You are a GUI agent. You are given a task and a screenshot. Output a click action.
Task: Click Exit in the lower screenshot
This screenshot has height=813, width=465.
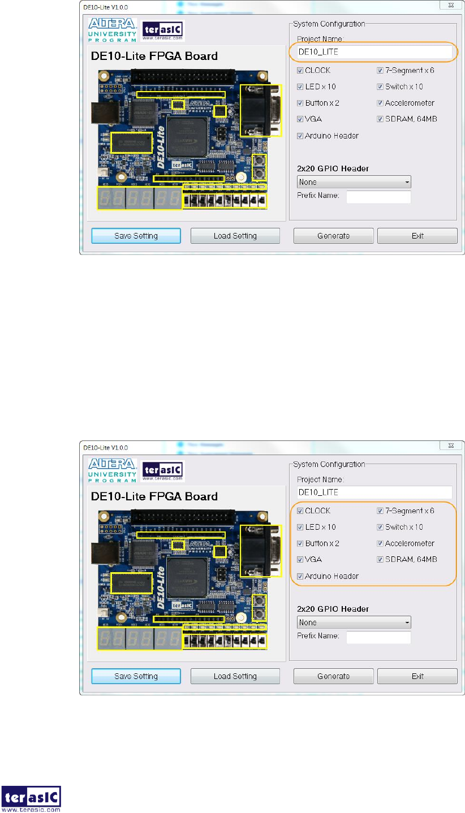pos(417,676)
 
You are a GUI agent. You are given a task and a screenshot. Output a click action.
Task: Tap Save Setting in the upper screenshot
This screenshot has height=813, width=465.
pos(136,236)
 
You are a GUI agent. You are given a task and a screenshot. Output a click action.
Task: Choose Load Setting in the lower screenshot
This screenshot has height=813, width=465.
pos(235,676)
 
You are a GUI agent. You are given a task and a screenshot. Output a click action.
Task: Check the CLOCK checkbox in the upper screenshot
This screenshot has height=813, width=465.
pos(300,71)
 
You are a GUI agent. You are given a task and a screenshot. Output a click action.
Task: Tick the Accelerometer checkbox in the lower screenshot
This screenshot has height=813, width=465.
pos(380,543)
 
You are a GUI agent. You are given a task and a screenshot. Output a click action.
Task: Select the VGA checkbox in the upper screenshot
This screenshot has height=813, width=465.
pos(300,119)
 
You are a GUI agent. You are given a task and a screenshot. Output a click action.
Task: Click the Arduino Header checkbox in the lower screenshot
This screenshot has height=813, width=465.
pos(300,576)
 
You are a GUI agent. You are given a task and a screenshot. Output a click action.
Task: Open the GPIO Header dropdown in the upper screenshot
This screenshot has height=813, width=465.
pos(354,182)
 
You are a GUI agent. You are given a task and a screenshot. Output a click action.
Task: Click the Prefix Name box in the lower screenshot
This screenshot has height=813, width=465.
pos(378,637)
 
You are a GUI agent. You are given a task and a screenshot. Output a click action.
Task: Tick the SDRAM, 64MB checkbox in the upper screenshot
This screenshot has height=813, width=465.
pos(380,119)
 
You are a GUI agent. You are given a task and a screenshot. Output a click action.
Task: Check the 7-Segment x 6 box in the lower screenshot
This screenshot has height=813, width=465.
pos(380,511)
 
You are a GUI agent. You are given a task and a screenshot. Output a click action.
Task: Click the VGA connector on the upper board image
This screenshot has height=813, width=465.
pos(260,110)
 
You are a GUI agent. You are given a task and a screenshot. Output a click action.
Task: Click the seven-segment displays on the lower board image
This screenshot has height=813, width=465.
pos(140,639)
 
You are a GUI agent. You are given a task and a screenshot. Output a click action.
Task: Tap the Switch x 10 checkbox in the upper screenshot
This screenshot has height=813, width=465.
pos(380,87)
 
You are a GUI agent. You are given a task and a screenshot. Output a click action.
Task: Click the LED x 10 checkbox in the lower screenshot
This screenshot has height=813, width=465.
pos(300,527)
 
